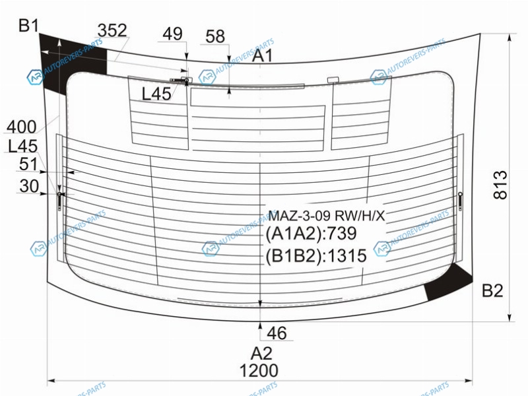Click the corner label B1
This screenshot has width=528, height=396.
28,26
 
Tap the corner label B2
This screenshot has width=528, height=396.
492,290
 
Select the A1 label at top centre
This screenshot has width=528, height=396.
262,55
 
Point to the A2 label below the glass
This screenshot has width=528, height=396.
261,354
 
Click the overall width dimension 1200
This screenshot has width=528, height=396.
259,371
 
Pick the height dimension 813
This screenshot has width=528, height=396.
500,185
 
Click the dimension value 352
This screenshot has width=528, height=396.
112,30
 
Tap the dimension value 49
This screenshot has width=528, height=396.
172,34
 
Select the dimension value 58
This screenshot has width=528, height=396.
215,36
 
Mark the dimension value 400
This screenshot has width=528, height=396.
22,127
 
